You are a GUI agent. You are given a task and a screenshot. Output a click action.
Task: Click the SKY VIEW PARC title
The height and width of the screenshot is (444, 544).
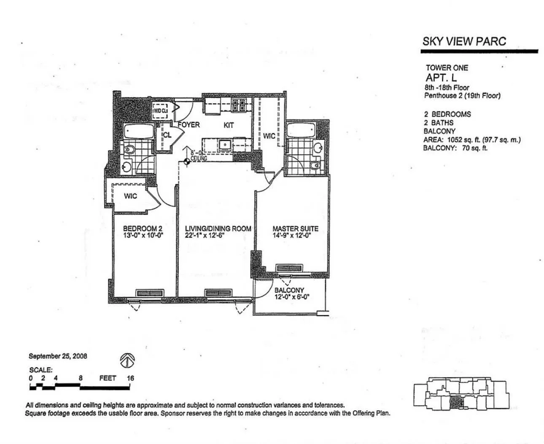pyautogui.click(x=464, y=41)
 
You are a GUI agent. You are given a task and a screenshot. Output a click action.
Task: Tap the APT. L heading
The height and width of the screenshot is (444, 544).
pyautogui.click(x=441, y=78)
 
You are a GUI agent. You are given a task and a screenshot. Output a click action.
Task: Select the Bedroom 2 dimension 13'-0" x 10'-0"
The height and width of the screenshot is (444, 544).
pyautogui.click(x=143, y=236)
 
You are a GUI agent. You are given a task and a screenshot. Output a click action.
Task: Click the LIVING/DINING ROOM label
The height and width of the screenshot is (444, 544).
pyautogui.click(x=218, y=229)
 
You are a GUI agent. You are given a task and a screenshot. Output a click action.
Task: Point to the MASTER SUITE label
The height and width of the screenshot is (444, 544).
pyautogui.click(x=295, y=229)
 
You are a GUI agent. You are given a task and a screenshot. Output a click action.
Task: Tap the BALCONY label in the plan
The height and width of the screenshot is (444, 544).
pyautogui.click(x=289, y=290)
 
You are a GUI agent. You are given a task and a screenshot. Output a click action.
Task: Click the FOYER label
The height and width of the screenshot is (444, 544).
pyautogui.click(x=189, y=125)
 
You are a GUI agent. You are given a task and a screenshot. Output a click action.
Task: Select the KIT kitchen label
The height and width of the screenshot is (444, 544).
pyautogui.click(x=229, y=125)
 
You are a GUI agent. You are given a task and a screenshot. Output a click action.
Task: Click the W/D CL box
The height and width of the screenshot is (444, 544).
pyautogui.click(x=160, y=111)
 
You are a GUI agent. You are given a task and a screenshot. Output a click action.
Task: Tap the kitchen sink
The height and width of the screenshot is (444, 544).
pyautogui.click(x=225, y=145)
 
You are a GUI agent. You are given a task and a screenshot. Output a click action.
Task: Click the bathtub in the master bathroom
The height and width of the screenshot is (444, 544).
pyautogui.click(x=301, y=130)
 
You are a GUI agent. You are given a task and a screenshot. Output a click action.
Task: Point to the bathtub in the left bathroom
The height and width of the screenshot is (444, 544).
pyautogui.click(x=139, y=131)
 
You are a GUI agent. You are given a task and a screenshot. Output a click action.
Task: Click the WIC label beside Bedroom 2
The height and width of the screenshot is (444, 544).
pyautogui.click(x=130, y=196)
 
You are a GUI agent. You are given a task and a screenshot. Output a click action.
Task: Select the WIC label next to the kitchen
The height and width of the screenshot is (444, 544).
pyautogui.click(x=269, y=136)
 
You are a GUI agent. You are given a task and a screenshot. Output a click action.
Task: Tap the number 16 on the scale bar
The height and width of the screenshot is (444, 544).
pyautogui.click(x=130, y=378)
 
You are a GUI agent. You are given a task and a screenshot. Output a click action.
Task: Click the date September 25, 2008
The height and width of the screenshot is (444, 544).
pyautogui.click(x=58, y=356)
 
